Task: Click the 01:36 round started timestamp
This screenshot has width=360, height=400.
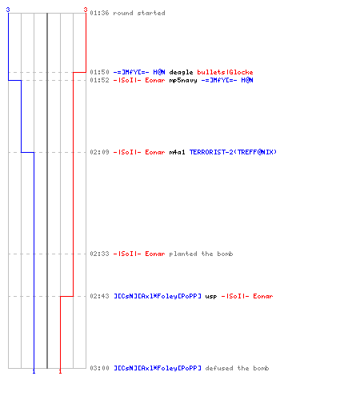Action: click(x=99, y=13)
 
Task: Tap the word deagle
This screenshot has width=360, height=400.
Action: click(x=181, y=72)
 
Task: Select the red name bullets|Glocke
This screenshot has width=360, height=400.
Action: click(x=225, y=72)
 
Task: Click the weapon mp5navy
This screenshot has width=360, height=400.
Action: click(x=183, y=80)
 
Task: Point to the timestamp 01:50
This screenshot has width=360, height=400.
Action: click(x=99, y=72)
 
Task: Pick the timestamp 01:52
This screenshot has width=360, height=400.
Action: click(x=99, y=80)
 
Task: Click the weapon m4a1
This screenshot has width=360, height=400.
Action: click(x=177, y=152)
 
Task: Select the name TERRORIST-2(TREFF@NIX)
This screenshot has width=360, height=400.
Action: click(x=233, y=152)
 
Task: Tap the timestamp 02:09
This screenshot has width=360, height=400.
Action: click(x=99, y=152)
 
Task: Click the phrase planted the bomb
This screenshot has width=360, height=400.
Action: click(x=201, y=254)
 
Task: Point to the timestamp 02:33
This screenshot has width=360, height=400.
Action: click(x=99, y=254)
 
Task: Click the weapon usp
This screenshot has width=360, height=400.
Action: click(x=211, y=297)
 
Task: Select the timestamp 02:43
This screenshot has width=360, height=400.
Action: click(x=99, y=296)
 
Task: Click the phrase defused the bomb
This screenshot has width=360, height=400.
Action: click(x=237, y=368)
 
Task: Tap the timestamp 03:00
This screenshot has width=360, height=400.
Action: click(x=99, y=368)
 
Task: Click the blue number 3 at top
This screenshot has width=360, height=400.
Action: click(x=8, y=10)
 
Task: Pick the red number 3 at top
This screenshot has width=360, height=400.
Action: click(x=86, y=10)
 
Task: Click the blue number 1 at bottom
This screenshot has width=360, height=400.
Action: click(x=34, y=371)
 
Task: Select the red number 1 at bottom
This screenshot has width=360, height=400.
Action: click(x=60, y=371)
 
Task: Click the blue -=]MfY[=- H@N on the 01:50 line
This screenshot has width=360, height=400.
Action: click(x=139, y=72)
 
